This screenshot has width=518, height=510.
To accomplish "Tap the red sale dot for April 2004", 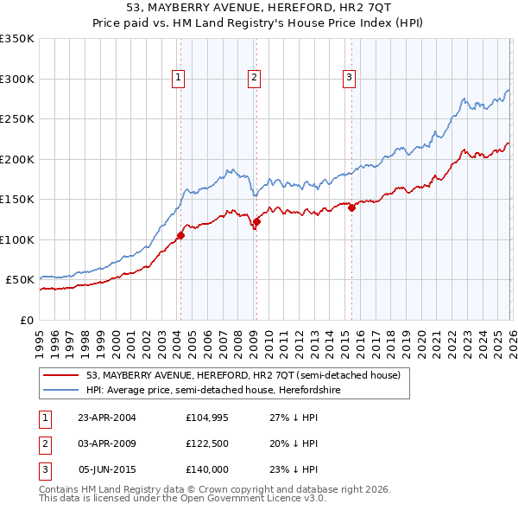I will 180,235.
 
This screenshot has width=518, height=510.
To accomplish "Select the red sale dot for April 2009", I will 256,222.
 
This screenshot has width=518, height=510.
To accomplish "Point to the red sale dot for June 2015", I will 351,207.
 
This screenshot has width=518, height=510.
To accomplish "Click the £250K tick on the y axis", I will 17,119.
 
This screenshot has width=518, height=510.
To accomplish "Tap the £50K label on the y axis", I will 21,280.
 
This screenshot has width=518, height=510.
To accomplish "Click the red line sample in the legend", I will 62,376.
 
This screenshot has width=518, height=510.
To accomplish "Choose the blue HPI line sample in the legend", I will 62,390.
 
